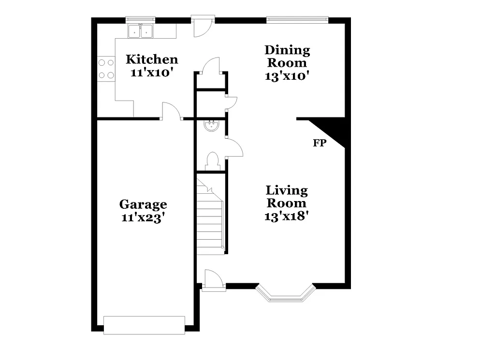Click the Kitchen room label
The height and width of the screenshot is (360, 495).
point(152,59)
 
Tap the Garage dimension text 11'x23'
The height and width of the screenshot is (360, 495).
point(144,217)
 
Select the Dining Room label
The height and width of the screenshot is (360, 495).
point(287,56)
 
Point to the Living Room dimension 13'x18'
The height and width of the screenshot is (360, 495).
point(287,216)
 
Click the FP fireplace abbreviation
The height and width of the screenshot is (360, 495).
point(320,143)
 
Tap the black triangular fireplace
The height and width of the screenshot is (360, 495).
point(334,128)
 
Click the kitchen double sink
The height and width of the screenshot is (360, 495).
point(140,31)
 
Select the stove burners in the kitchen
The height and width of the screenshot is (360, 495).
point(106,68)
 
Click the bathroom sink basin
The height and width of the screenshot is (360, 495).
point(211,126)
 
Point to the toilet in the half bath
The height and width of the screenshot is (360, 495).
point(213,160)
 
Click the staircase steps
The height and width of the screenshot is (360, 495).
point(210,217)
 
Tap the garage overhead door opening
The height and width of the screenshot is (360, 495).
point(144,324)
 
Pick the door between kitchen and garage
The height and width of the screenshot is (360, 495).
point(171,112)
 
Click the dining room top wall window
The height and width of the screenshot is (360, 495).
point(297,20)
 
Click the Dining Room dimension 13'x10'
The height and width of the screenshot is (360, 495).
point(287,76)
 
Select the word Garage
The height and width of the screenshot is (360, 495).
point(144,204)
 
